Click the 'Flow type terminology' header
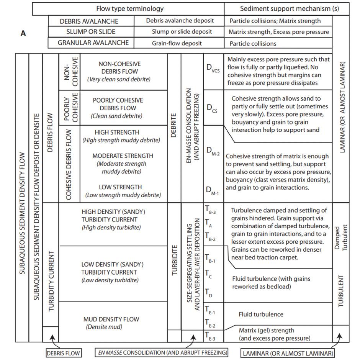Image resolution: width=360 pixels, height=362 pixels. click(x=129, y=8)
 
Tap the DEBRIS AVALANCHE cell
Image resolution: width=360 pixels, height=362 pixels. click(x=89, y=21)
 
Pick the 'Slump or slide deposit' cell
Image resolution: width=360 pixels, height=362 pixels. click(x=179, y=32)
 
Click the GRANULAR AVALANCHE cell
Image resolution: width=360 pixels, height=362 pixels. click(x=93, y=43)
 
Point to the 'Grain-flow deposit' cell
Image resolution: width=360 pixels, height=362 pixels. click(x=179, y=43)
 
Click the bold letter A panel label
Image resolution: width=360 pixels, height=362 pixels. click(x=23, y=33)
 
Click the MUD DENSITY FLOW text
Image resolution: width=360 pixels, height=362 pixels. click(x=111, y=319)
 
